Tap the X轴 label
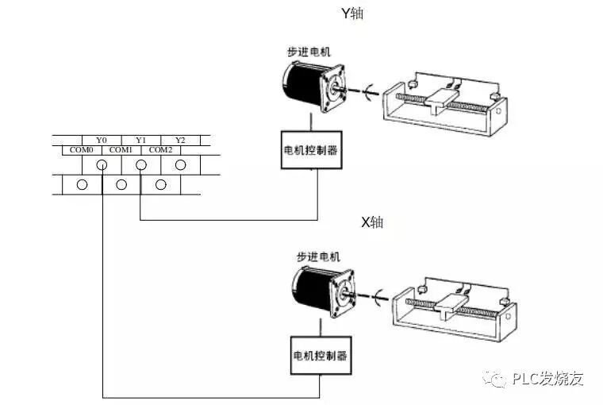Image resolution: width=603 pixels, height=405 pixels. coord(372,222)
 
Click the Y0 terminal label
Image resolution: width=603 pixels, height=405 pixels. coord(101,140)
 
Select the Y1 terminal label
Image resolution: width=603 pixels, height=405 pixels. coord(140,140)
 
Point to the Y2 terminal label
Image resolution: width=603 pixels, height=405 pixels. coord(180,140)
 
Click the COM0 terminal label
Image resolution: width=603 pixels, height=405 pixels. coord(82,149)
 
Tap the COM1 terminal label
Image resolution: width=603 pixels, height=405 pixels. coord(121,149)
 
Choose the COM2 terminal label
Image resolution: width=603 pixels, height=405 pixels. coord(161,149)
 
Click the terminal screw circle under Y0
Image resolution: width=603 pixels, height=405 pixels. coord(102,165)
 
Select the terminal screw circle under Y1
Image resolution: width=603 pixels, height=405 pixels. coord(140,165)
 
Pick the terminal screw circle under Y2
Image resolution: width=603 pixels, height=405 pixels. coord(180,165)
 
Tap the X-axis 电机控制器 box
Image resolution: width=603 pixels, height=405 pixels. coord(321,355)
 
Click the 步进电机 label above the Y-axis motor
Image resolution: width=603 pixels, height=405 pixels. coord(309,52)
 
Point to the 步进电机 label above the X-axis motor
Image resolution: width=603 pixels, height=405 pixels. coord(318,256)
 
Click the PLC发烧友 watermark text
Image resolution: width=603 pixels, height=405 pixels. coord(547,378)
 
